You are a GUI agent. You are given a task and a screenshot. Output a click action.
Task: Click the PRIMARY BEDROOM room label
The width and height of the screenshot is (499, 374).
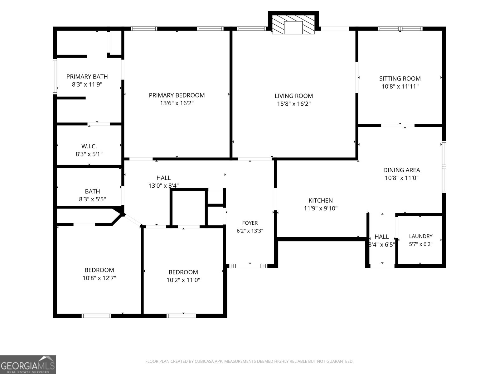point(177,95)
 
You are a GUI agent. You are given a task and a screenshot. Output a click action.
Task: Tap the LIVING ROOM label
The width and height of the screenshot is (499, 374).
point(294,96)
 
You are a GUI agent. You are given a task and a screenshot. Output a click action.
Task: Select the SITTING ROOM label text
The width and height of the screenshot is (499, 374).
point(400,79)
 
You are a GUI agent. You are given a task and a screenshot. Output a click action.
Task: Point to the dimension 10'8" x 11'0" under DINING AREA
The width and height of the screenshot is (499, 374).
point(401,178)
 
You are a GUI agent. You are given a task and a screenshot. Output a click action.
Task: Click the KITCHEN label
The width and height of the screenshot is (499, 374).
point(321,200)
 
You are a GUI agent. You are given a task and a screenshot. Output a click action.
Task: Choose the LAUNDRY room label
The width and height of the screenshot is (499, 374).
point(421,236)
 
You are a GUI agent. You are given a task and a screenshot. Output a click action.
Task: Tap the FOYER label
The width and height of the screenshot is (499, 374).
point(250,223)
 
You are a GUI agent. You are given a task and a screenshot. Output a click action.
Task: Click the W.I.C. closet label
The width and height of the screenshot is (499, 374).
point(89,146)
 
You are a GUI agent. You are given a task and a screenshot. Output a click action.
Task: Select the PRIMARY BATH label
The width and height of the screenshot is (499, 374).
point(87,77)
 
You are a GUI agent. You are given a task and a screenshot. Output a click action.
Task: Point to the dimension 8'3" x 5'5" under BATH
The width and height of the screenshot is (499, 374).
point(92,199)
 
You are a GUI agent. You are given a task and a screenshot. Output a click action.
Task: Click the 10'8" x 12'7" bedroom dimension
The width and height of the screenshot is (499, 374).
point(99,278)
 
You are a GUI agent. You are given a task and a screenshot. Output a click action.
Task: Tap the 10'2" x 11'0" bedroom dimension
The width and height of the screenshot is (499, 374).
point(183,280)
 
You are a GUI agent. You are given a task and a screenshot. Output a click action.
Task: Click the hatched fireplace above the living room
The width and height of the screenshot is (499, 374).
point(293,25)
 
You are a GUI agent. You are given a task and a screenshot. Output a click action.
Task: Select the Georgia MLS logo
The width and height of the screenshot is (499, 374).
point(28,365)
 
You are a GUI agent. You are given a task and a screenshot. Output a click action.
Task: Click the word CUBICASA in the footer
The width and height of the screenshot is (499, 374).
point(203,361)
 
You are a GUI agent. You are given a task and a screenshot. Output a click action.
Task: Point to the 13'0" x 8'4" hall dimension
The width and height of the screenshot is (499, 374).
point(163,186)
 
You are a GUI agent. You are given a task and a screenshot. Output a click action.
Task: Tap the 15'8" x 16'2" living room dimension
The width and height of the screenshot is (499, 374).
point(294,104)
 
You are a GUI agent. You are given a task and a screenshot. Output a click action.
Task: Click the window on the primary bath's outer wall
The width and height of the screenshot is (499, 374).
point(55,77)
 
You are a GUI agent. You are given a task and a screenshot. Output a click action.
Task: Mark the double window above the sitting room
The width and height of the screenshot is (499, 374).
point(400,29)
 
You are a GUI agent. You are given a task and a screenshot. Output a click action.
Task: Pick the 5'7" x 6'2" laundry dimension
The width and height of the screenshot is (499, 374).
point(421,244)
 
